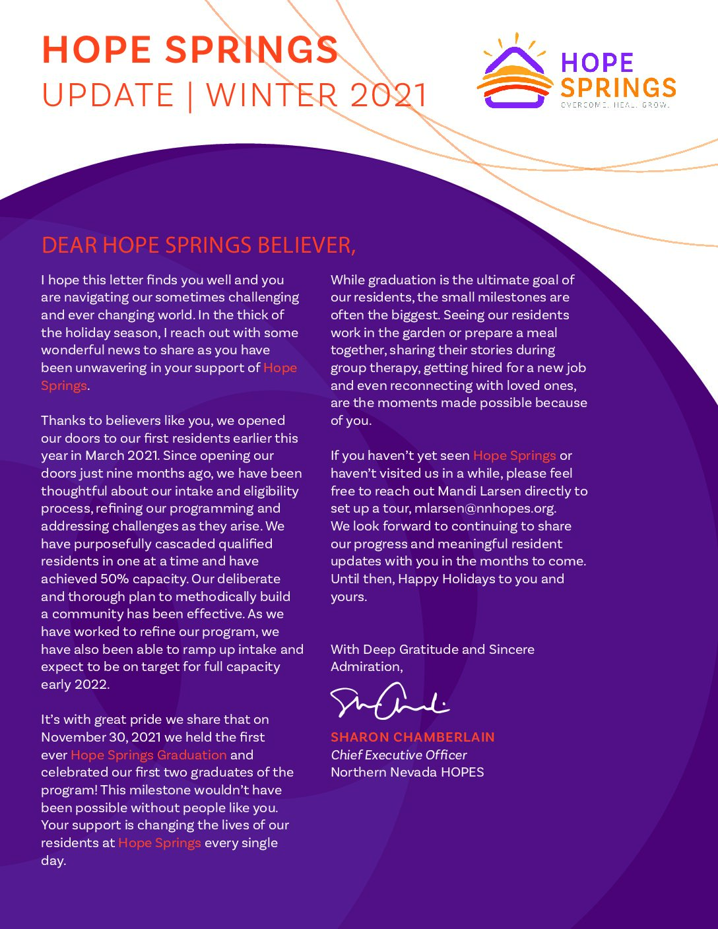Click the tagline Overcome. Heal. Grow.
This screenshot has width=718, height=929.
[615, 105]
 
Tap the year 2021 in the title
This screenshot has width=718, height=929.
[389, 96]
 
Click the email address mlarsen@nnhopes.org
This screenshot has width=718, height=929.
[485, 509]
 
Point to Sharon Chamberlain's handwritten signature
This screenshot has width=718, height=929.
[389, 701]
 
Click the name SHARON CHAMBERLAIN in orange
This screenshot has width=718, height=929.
[412, 737]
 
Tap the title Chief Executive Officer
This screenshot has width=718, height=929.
[399, 755]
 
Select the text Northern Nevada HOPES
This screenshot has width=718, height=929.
[407, 772]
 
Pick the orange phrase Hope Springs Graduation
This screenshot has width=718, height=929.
[148, 755]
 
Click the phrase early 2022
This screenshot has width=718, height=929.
[75, 684]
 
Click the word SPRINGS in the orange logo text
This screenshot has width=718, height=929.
[618, 88]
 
